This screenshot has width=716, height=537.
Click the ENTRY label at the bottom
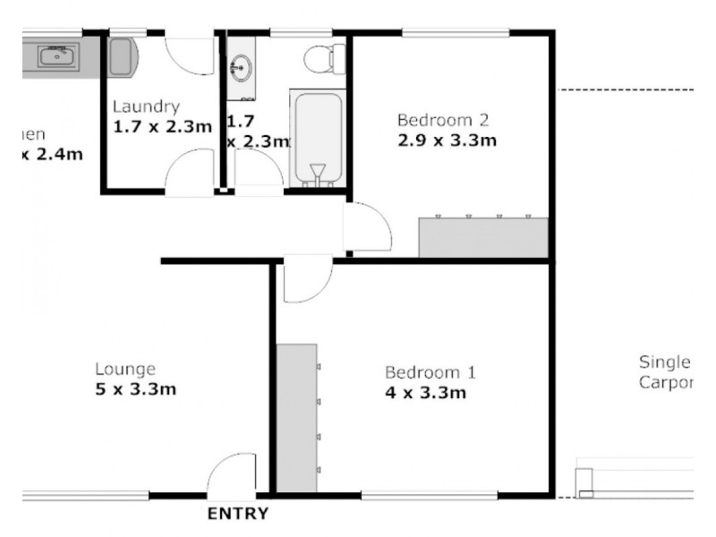(237, 515)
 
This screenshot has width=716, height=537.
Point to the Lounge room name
(125, 369)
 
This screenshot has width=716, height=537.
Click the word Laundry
(147, 107)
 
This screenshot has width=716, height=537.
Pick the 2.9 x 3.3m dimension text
(447, 141)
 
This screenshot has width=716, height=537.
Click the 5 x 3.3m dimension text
(135, 388)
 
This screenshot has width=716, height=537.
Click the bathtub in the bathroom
(317, 139)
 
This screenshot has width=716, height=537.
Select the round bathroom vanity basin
(241, 66)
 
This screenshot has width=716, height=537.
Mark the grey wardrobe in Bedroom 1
(296, 417)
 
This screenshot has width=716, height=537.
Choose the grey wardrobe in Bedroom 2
(483, 238)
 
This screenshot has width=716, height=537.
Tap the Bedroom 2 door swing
(367, 227)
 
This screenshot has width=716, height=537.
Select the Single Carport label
(667, 372)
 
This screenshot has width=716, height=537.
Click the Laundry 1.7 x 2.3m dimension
(162, 127)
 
